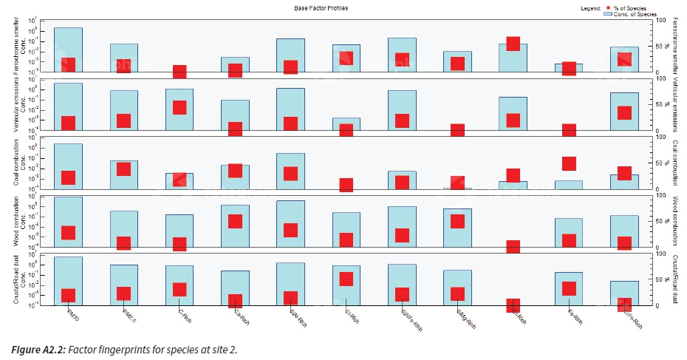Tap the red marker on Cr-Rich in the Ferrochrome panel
coord(513,43)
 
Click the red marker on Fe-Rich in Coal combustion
coord(569,164)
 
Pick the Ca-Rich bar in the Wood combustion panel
coord(235,226)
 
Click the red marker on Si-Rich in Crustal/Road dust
coord(346,279)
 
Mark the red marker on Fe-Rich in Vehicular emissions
coord(569,130)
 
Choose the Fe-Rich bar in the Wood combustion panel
coord(569,233)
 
